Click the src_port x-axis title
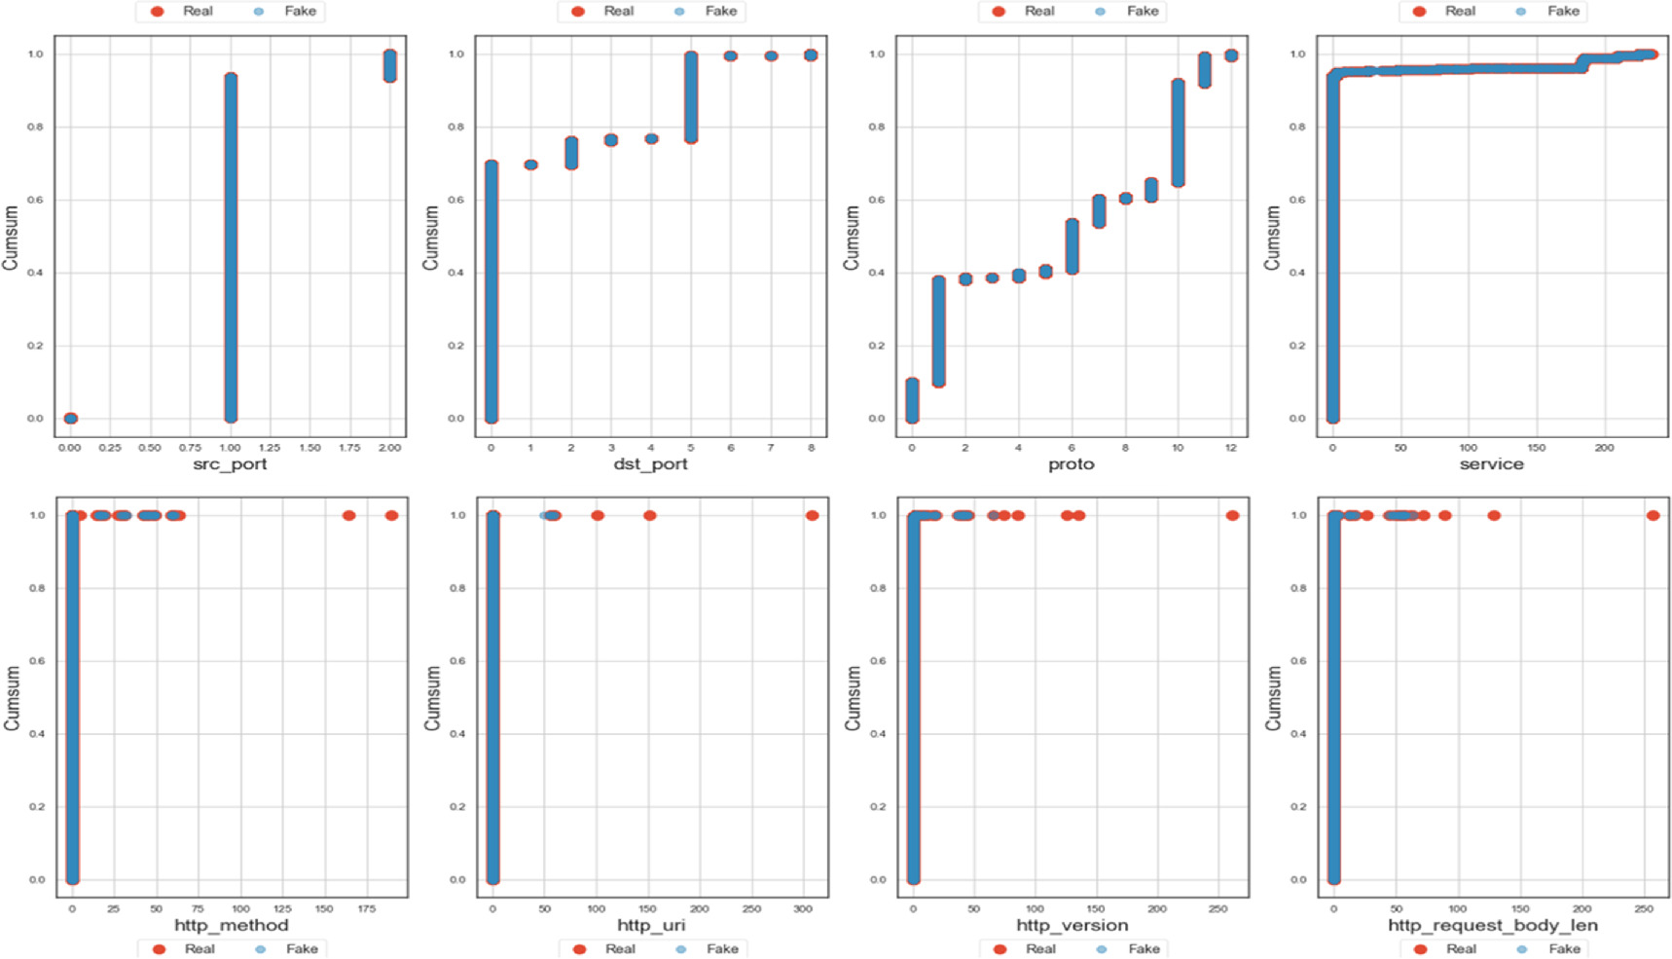coord(230,464)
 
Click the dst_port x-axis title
coord(650,464)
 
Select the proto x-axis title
coord(1071,464)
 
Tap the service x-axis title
coord(1491,464)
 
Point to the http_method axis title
coord(232,925)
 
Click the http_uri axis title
coord(651,925)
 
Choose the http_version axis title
coord(1072,925)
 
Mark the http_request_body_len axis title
coord(1492,925)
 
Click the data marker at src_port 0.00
coord(70,419)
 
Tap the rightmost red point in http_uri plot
coord(812,515)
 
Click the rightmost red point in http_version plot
coord(1232,515)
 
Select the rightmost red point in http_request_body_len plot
coord(1653,515)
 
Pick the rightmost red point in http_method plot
coord(391,515)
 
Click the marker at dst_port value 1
coord(530,165)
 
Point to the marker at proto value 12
coord(1231,55)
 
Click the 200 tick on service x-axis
coord(1604,448)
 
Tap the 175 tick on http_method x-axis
coord(367,908)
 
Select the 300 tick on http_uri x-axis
coord(803,908)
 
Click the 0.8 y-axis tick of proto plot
coord(877,127)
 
